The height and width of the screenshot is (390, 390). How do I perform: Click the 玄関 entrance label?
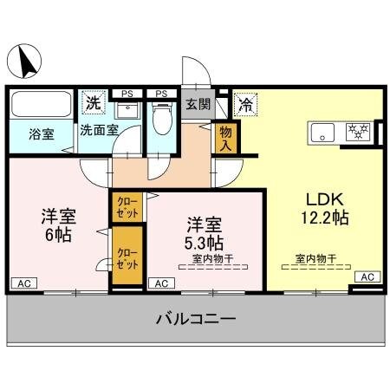click(198, 105)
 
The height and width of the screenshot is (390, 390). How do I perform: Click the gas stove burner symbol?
click(357, 133)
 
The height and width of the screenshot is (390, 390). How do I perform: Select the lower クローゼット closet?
click(127, 257)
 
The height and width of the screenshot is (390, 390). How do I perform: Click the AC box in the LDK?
click(367, 276)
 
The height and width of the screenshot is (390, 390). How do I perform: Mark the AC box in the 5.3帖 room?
click(161, 283)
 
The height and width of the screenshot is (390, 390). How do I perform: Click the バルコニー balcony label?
click(195, 320)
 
